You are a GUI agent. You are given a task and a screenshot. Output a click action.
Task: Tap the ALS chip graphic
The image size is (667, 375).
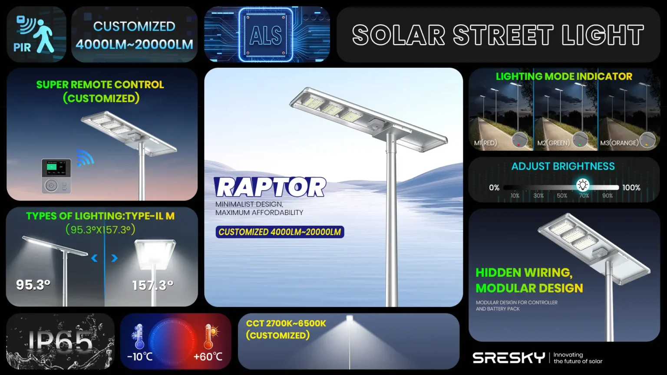[x=266, y=35]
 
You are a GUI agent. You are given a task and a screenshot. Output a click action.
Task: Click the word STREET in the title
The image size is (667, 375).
[x=503, y=35]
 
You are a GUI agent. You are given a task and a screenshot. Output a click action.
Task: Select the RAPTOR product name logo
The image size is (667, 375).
[x=270, y=187]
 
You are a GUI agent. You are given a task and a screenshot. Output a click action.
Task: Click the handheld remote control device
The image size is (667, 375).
[x=56, y=176]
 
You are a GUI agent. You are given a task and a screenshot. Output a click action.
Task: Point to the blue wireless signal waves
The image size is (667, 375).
[x=85, y=158]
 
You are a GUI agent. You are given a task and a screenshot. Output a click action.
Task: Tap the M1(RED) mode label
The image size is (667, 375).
[x=485, y=143]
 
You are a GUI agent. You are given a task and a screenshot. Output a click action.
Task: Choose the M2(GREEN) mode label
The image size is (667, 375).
[x=553, y=143]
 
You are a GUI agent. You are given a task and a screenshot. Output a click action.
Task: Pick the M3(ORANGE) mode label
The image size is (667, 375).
[x=619, y=143]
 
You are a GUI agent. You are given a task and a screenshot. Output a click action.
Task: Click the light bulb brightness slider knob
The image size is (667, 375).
[x=583, y=185]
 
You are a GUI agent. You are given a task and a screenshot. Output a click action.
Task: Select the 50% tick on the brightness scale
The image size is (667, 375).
[x=562, y=196]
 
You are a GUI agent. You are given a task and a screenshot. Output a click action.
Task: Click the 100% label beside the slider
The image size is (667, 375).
[x=631, y=187]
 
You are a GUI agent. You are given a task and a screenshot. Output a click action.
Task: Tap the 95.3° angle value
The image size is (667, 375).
[x=33, y=285]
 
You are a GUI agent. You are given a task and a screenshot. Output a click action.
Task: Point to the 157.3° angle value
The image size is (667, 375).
[x=153, y=286]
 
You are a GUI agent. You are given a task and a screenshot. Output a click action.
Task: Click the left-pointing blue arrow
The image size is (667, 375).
[x=94, y=258]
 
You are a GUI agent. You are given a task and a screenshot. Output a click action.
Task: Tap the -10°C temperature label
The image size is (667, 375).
[x=140, y=356]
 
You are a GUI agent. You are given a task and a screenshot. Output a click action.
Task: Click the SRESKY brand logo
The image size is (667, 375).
[x=509, y=358]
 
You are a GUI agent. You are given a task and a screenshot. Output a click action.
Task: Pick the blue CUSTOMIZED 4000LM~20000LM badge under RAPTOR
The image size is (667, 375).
[x=280, y=232]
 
